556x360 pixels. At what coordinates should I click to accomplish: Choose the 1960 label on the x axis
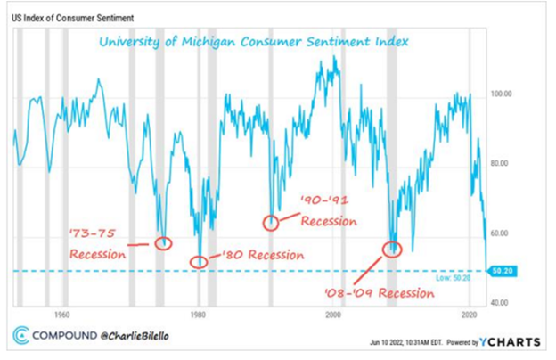click(x=61, y=315)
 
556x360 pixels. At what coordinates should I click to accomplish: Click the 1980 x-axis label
click(x=198, y=315)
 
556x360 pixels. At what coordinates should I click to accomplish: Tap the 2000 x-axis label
click(x=333, y=315)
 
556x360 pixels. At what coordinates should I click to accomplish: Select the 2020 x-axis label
click(x=470, y=315)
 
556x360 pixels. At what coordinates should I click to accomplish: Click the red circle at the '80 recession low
click(x=199, y=262)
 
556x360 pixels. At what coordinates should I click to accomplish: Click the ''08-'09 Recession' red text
click(x=390, y=290)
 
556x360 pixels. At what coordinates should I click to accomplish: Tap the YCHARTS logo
click(x=511, y=341)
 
